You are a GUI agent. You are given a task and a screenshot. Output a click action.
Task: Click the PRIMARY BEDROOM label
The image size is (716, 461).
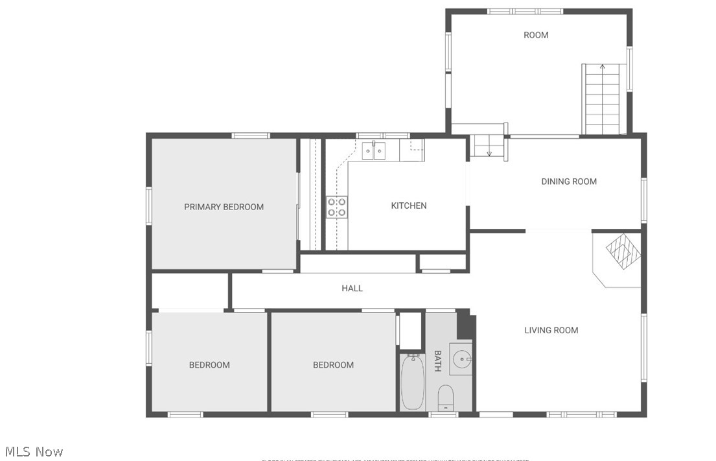tap(224, 207)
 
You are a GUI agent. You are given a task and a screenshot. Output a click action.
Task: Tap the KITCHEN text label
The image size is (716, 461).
tap(408, 206)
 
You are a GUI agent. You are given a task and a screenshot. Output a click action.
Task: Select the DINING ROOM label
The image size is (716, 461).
tap(568, 182)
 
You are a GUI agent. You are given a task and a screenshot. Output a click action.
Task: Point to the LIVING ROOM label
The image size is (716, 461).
tap(551, 330)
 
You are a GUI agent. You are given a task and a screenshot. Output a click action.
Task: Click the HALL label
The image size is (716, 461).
tap(352, 288)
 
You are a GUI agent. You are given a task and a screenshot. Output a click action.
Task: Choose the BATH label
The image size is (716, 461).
tap(437, 361)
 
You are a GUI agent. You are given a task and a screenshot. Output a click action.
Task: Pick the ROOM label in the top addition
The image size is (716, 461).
tap(535, 35)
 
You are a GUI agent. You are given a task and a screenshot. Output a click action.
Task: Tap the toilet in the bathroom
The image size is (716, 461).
tap(446, 397)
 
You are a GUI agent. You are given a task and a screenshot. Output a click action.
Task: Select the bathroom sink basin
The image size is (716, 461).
tap(461, 359)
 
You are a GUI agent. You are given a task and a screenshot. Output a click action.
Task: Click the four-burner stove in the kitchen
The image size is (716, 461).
tap(336, 207)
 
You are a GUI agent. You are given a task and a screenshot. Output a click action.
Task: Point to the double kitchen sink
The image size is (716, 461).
tap(373, 150)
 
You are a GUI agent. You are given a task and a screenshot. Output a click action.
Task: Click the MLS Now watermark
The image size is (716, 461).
tap(34, 451)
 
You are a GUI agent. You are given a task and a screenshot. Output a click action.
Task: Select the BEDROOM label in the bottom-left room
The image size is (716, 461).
tap(209, 365)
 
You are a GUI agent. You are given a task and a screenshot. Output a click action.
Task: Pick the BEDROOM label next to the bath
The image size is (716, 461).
tap(333, 365)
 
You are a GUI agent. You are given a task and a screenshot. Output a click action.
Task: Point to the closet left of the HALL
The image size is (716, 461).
tap(189, 291)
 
